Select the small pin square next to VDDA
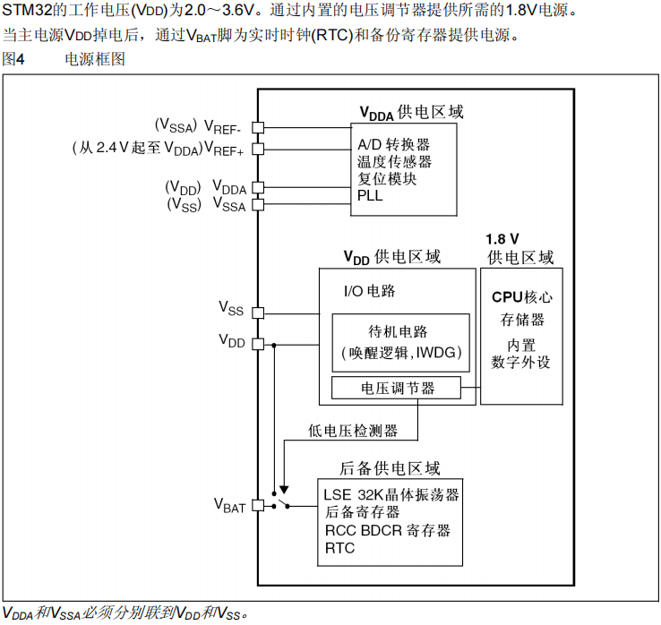point(258,188)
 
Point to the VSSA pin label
point(228,205)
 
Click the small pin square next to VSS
point(258,312)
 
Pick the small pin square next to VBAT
point(258,505)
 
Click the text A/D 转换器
point(394,145)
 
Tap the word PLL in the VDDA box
point(370,195)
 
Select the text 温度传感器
point(394,162)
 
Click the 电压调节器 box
point(397,389)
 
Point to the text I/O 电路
point(370,291)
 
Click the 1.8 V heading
point(502,240)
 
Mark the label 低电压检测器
point(352,431)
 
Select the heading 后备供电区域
point(391,468)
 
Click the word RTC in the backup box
point(340,548)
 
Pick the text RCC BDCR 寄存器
point(388,530)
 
